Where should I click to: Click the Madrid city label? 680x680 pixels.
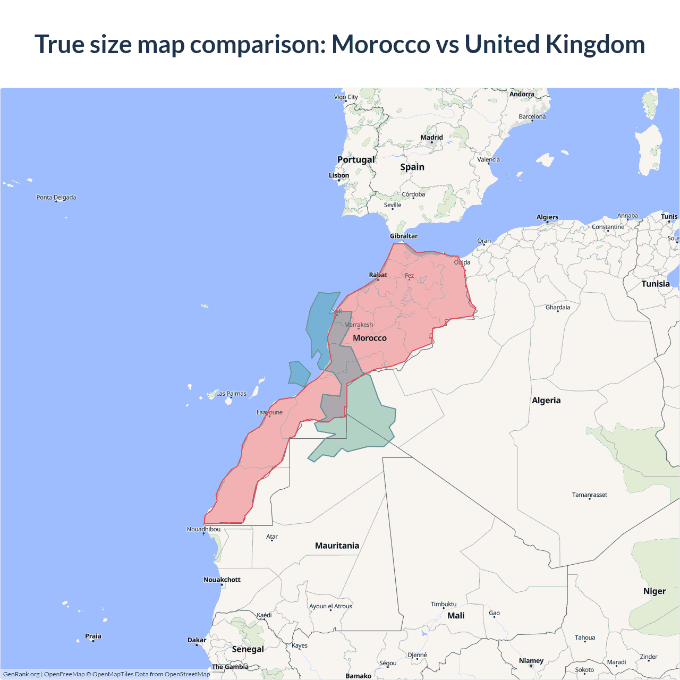pos(431,138)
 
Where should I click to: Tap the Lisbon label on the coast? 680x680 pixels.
pos(339,175)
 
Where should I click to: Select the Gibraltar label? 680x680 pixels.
pos(404,236)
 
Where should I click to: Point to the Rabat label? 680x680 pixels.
pos(378,275)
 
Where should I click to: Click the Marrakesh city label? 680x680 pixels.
pos(359,325)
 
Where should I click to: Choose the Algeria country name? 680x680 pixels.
pos(546,401)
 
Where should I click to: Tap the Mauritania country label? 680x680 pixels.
pos(337,546)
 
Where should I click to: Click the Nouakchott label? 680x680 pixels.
pos(222,580)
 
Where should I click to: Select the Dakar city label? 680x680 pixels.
pos(197,640)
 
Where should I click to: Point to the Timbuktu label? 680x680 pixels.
pos(444,604)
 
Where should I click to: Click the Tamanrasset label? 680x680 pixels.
pos(589,495)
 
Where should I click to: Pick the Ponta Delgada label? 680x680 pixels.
pos(56,198)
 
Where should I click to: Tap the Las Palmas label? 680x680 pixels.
pos(231,394)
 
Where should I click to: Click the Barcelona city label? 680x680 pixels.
pos(532,117)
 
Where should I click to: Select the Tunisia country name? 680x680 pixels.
pos(656,284)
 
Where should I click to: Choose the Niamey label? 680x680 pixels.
pos(531,661)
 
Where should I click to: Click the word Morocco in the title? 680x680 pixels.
pos(381,44)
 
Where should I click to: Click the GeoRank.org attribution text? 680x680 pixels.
pos(21,674)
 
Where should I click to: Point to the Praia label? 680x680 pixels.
pos(93,636)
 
